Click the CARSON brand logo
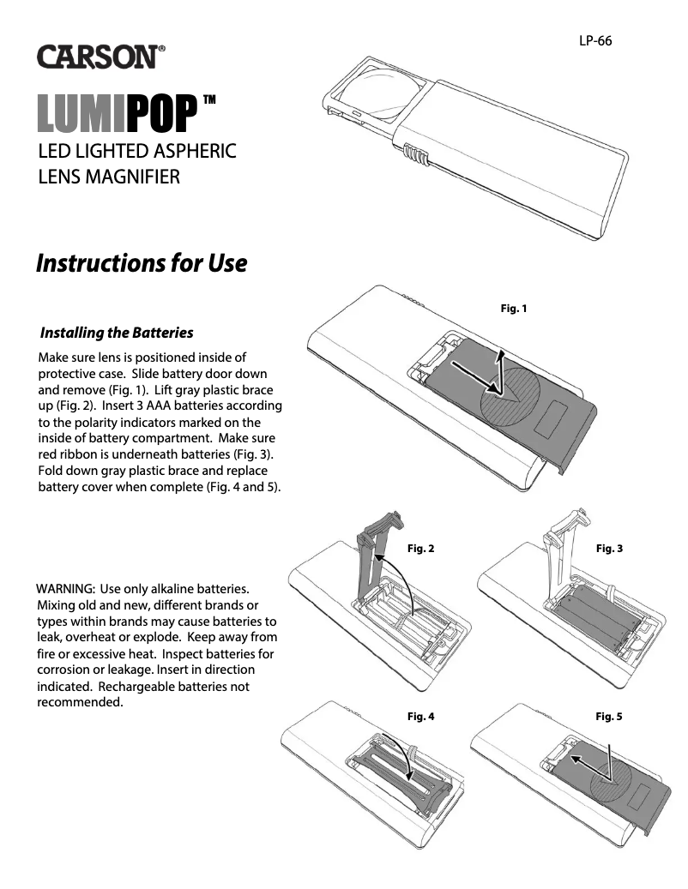[100, 57]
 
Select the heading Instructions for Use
[142, 263]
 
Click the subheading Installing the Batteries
[117, 333]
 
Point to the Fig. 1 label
[513, 309]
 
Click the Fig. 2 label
[420, 549]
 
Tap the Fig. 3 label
[609, 549]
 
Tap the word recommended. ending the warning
[81, 703]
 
